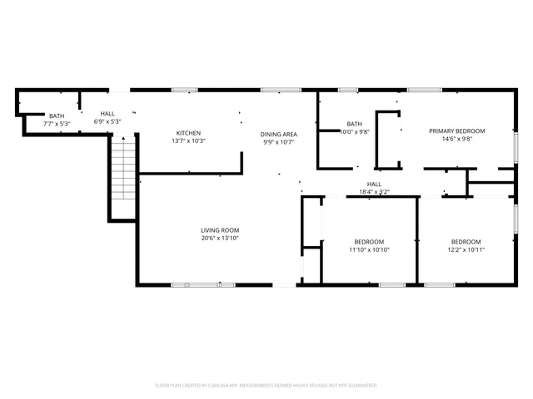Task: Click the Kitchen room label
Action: pyautogui.click(x=187, y=133)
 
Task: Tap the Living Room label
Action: pyautogui.click(x=220, y=230)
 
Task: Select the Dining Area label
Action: pyautogui.click(x=279, y=134)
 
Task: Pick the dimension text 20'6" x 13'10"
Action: pyautogui.click(x=220, y=239)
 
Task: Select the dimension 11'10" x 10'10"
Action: pyautogui.click(x=369, y=249)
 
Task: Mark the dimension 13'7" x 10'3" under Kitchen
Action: pyautogui.click(x=187, y=141)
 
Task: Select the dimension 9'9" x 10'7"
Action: pyautogui.click(x=279, y=142)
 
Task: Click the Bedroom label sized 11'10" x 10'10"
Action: pyautogui.click(x=369, y=241)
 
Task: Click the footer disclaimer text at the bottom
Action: pyautogui.click(x=266, y=385)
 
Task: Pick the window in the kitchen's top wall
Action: pyautogui.click(x=184, y=90)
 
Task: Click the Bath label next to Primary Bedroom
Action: pyautogui.click(x=355, y=124)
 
